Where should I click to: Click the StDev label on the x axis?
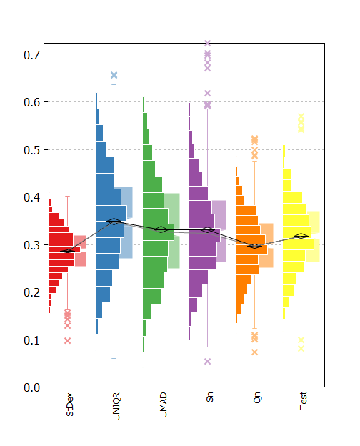coord(70,405)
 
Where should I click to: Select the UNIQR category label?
coord(116,406)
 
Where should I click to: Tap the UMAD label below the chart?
coord(163,405)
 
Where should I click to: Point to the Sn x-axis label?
coord(209,397)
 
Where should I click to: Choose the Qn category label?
coord(256,397)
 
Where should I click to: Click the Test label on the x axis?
coord(303,400)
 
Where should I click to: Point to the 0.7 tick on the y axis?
coord(31,55)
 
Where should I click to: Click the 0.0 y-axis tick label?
coord(31,387)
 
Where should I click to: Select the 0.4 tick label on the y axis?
coord(31,197)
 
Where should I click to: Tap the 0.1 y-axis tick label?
coord(31,340)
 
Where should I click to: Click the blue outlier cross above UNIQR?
coord(114,75)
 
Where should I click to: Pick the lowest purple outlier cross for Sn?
coord(208,361)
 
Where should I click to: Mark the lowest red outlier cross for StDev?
coord(67,340)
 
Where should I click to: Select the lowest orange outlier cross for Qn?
coord(254,352)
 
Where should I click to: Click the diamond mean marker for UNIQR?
coord(114,222)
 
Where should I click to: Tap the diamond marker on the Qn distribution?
coord(254,246)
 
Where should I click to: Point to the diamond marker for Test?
coord(301,236)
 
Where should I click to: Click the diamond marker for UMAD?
coord(161,229)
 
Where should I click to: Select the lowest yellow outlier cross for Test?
coord(301,349)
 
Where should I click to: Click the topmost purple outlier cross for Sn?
coord(208,43)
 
